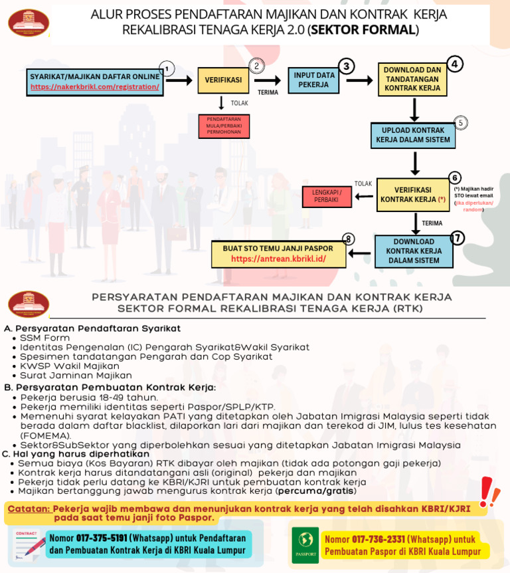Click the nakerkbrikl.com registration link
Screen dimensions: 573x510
[x=94, y=86]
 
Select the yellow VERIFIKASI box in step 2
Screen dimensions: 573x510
[x=222, y=80]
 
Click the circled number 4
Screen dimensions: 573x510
[x=454, y=64]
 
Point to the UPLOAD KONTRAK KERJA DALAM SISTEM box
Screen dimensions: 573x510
[x=415, y=135]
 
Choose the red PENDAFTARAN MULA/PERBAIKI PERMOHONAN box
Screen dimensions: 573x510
[x=223, y=126]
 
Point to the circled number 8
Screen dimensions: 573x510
[x=349, y=239]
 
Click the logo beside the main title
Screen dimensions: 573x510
[x=28, y=23]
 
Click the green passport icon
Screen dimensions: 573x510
[x=305, y=545]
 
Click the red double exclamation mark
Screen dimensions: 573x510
[x=489, y=491]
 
